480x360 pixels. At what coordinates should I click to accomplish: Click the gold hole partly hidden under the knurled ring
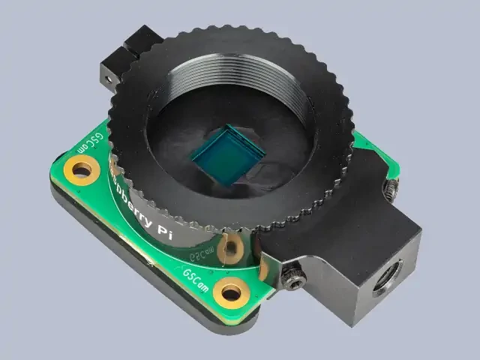click(233, 244)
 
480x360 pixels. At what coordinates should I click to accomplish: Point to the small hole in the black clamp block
click(106, 77)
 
